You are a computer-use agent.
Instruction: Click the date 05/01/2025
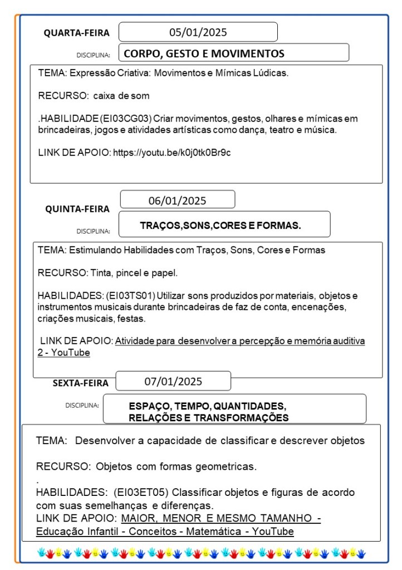(x=198, y=32)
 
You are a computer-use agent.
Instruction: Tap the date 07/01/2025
(x=173, y=382)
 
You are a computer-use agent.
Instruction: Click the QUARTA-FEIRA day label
(x=77, y=33)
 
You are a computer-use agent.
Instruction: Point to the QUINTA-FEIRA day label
(x=77, y=209)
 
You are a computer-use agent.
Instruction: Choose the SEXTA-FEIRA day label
(x=81, y=383)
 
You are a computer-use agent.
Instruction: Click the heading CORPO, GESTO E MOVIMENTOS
(x=204, y=53)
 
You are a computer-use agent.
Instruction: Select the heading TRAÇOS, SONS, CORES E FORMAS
(x=220, y=226)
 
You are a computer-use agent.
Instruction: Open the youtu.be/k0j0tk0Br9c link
(x=172, y=152)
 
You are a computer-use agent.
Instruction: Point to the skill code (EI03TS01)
(x=131, y=295)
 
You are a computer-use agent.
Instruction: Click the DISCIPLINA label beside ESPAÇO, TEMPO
(x=82, y=405)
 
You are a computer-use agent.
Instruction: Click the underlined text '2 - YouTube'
(x=63, y=353)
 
